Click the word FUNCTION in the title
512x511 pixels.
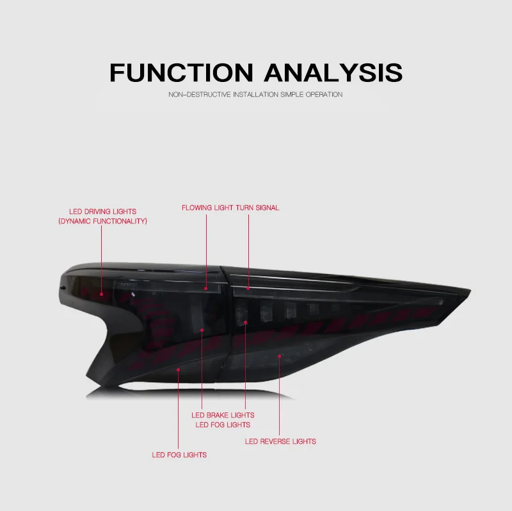pos(182,72)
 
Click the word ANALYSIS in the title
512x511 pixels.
pos(333,72)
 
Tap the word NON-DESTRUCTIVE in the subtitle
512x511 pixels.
pos(200,94)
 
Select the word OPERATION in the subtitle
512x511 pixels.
pos(324,94)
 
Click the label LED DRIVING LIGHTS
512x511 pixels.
pos(103,211)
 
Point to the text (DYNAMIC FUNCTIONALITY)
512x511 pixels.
pos(103,221)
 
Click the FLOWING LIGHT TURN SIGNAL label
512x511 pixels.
pos(230,208)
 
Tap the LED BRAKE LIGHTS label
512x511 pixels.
pos(223,415)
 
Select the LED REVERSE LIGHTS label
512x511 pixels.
pos(280,441)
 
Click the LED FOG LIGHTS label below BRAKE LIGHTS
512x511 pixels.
pos(223,425)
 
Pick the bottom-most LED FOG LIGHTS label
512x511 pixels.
pos(179,455)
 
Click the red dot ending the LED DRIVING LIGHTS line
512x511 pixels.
pos(102,294)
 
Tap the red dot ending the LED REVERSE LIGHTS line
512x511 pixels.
pos(279,356)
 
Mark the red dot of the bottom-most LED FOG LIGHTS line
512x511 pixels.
pos(179,370)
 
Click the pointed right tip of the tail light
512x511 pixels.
pos(470,289)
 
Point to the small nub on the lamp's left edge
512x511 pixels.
pos(62,288)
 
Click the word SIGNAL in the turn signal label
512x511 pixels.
pos(267,208)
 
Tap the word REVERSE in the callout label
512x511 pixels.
pos(275,441)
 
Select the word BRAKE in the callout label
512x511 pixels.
pos(218,415)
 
